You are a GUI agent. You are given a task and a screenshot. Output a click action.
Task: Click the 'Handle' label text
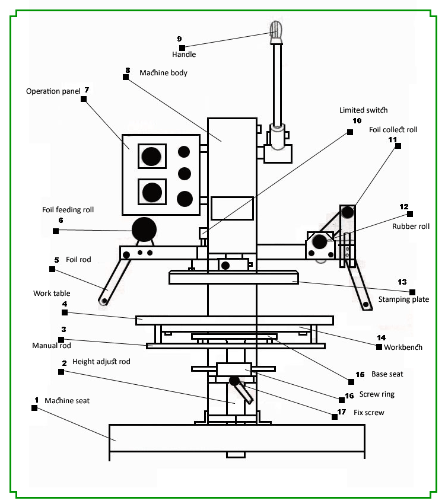(x=184, y=55)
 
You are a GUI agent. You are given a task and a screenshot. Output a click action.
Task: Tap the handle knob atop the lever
(x=276, y=30)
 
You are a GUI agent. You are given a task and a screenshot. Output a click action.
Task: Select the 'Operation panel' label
(x=53, y=91)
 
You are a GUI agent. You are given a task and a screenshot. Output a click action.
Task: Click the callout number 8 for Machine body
(x=127, y=69)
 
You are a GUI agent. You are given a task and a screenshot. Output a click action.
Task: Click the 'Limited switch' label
(x=363, y=110)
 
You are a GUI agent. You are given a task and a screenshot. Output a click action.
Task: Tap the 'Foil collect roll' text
(x=393, y=129)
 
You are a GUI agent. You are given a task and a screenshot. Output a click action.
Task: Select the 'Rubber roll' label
(x=411, y=227)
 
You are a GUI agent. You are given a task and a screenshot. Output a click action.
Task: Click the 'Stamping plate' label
(x=403, y=299)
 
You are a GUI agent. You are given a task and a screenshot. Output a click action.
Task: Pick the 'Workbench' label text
(x=403, y=347)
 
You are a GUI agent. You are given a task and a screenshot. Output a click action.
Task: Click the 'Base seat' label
(x=387, y=374)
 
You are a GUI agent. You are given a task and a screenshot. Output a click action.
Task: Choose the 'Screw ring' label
(x=377, y=394)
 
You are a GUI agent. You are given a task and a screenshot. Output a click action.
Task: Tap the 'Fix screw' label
(x=368, y=412)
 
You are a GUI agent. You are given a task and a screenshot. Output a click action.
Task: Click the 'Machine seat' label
(x=67, y=401)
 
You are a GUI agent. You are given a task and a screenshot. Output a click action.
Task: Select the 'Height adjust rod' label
(x=101, y=362)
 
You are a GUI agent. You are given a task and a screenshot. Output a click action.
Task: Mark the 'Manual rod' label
(x=52, y=346)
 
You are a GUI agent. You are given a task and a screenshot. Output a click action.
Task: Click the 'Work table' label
(x=52, y=294)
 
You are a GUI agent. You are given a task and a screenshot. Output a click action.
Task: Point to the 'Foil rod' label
(x=78, y=260)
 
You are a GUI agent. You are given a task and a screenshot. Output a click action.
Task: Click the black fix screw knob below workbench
(x=234, y=380)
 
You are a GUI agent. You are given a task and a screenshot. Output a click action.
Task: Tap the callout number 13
(x=402, y=282)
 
